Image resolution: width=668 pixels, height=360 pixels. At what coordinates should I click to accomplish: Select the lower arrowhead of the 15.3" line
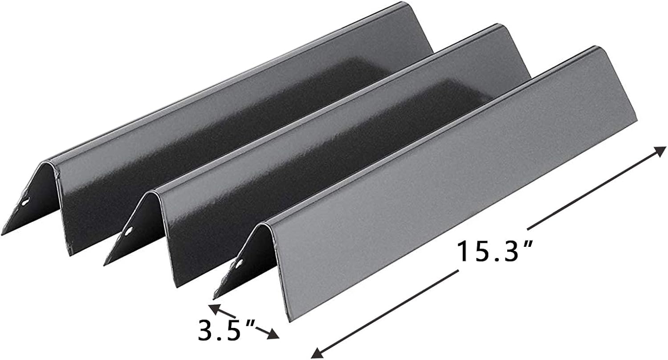click(315, 353)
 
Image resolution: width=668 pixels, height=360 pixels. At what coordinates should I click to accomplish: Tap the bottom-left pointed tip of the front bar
click(215, 297)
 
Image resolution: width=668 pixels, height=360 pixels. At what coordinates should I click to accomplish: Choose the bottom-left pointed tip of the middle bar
click(106, 265)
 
